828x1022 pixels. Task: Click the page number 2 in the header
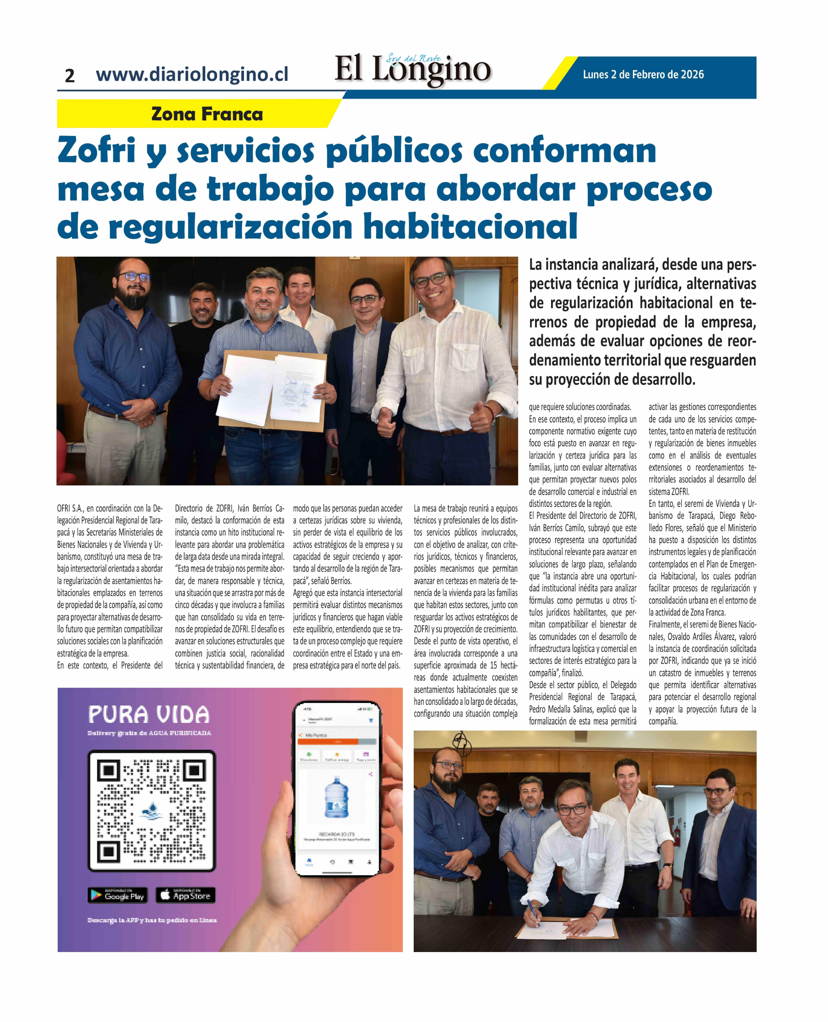click(70, 75)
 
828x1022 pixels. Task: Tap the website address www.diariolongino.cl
click(192, 74)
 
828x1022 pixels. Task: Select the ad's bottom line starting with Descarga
click(152, 920)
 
